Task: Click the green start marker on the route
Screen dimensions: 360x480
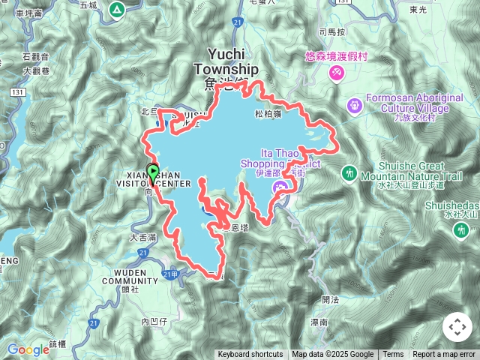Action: (x=152, y=172)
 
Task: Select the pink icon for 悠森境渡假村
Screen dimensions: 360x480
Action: (x=337, y=73)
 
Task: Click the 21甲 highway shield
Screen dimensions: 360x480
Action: (x=171, y=275)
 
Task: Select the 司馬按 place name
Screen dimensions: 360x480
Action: (x=331, y=32)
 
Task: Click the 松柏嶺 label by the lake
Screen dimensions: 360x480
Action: (x=268, y=114)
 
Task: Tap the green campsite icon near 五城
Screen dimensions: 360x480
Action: (x=116, y=10)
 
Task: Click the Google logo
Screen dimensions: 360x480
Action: (x=28, y=349)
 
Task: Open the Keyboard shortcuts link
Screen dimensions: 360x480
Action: (x=250, y=355)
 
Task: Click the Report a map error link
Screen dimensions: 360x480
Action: (x=444, y=355)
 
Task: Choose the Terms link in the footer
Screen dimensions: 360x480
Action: (x=393, y=355)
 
